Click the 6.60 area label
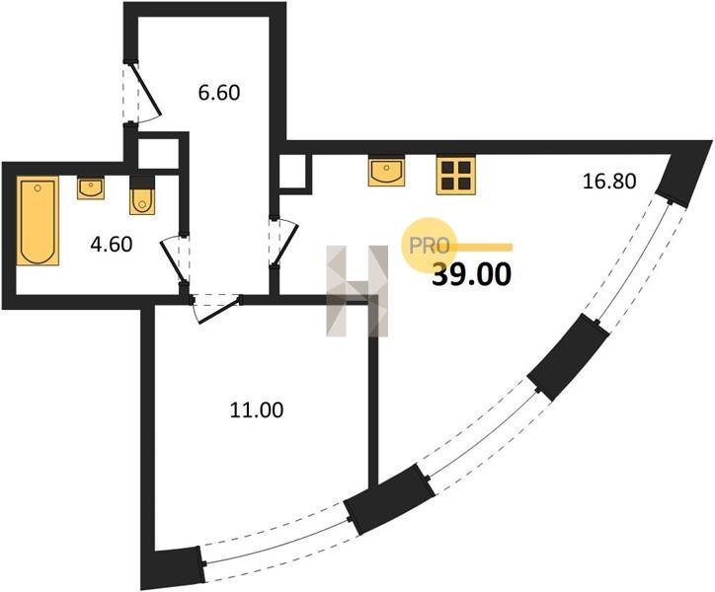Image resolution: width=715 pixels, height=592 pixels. click(219, 93)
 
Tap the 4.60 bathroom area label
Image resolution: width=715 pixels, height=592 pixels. click(112, 245)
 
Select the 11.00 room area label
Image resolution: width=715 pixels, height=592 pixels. click(256, 410)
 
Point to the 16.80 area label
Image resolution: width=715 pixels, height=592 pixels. click(609, 182)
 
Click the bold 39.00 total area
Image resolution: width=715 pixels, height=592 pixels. click(472, 275)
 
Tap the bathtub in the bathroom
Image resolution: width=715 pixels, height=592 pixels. click(38, 221)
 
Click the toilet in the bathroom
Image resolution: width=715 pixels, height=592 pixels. click(142, 196)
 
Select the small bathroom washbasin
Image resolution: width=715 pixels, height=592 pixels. click(91, 188)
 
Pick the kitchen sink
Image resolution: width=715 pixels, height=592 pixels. click(386, 172)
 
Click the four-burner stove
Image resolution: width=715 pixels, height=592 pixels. click(455, 176)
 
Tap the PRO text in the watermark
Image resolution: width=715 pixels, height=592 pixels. click(429, 246)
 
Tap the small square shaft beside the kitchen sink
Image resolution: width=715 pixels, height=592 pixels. click(292, 172)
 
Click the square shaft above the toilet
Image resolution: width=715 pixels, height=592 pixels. click(158, 153)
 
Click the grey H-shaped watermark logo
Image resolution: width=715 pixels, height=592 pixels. click(357, 291)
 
